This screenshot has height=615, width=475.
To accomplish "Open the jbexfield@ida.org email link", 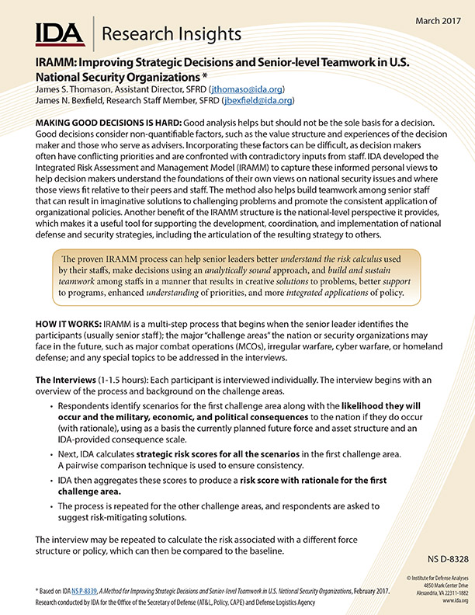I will pos(258,102).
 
